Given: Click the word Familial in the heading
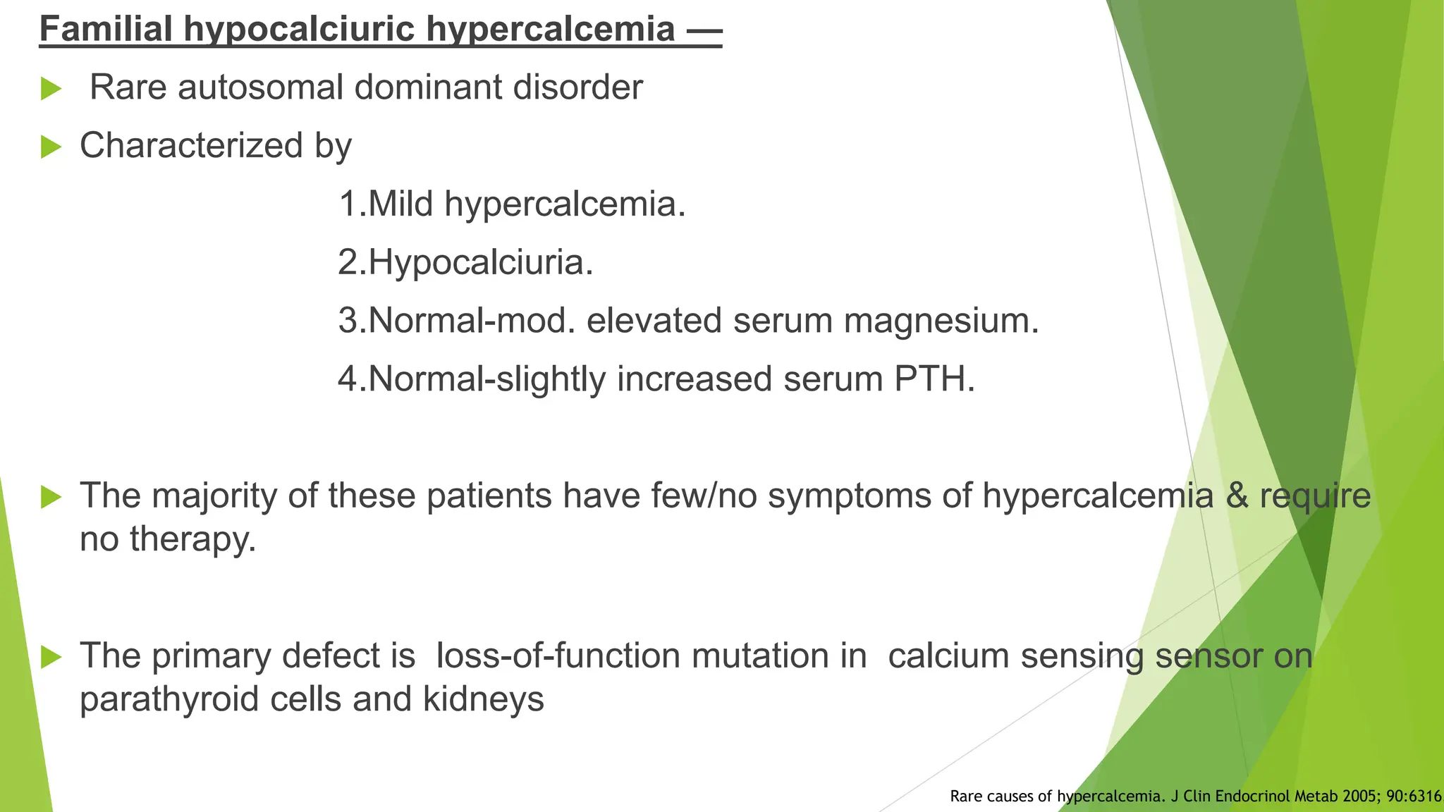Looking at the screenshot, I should click(106, 30).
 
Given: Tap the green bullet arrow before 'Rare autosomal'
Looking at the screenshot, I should click(51, 89).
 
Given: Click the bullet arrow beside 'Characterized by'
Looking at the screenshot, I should click(51, 147).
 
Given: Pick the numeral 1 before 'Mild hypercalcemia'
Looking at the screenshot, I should click(348, 204).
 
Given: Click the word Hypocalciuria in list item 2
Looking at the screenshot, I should click(480, 263).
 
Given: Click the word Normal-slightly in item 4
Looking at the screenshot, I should click(487, 379).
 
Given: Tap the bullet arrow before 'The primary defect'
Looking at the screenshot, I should click(51, 657).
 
